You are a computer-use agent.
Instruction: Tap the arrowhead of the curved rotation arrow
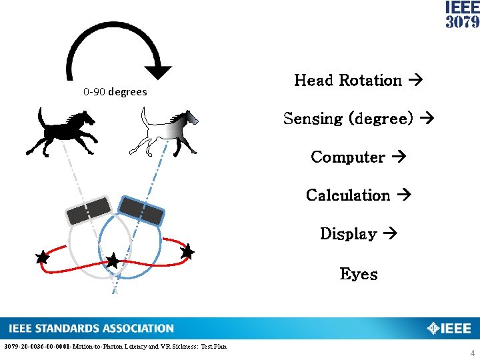[160, 72]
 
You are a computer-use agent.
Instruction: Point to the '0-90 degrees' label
[115, 92]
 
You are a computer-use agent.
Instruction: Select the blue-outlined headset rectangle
[141, 210]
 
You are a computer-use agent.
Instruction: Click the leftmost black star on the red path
[43, 257]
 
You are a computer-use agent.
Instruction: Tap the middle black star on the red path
[113, 261]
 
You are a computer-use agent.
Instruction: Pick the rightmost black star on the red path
[187, 251]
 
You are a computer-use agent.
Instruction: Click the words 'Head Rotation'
[347, 81]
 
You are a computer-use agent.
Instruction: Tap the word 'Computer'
[347, 157]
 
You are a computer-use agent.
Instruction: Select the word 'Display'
[348, 234]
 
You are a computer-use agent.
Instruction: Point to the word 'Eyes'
[358, 274]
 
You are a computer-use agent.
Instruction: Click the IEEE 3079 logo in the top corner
[462, 15]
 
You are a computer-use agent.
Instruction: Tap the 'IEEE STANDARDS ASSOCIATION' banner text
[91, 328]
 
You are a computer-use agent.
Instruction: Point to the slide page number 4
[473, 353]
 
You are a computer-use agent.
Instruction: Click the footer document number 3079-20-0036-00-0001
[37, 347]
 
